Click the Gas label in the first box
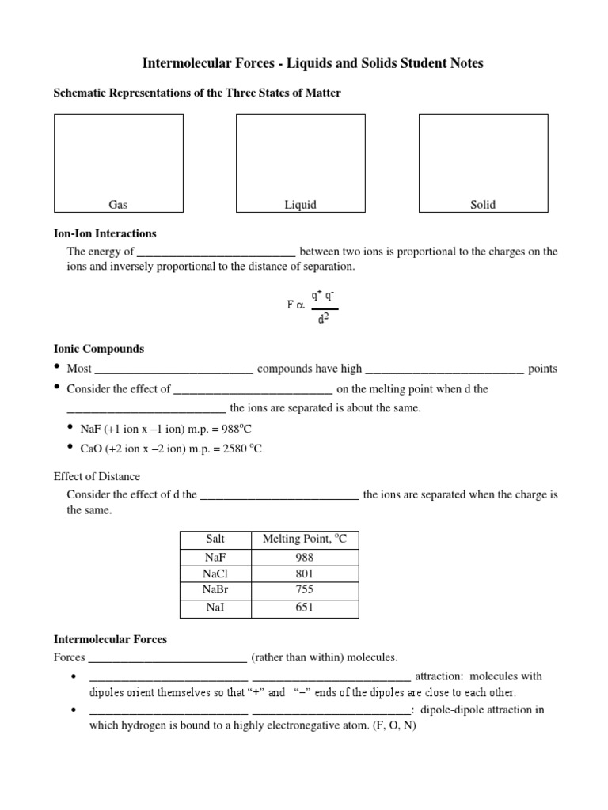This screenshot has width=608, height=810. (118, 205)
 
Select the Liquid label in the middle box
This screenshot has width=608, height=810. (301, 205)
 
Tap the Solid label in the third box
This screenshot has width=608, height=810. (483, 205)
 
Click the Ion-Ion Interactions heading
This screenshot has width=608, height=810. (104, 233)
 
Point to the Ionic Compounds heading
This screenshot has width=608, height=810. (98, 349)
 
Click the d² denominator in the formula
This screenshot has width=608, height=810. (323, 320)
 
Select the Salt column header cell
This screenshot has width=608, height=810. (215, 539)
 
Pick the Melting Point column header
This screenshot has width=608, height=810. (305, 539)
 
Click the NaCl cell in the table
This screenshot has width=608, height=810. (215, 573)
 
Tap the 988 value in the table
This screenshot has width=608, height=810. (305, 557)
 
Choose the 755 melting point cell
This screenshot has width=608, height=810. (305, 590)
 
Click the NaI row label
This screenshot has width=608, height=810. (215, 607)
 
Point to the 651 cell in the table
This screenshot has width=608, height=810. (305, 607)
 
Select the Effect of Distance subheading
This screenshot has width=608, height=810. (97, 476)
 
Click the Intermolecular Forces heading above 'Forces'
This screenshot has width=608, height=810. (110, 639)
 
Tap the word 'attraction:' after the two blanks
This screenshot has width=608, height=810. (442, 676)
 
